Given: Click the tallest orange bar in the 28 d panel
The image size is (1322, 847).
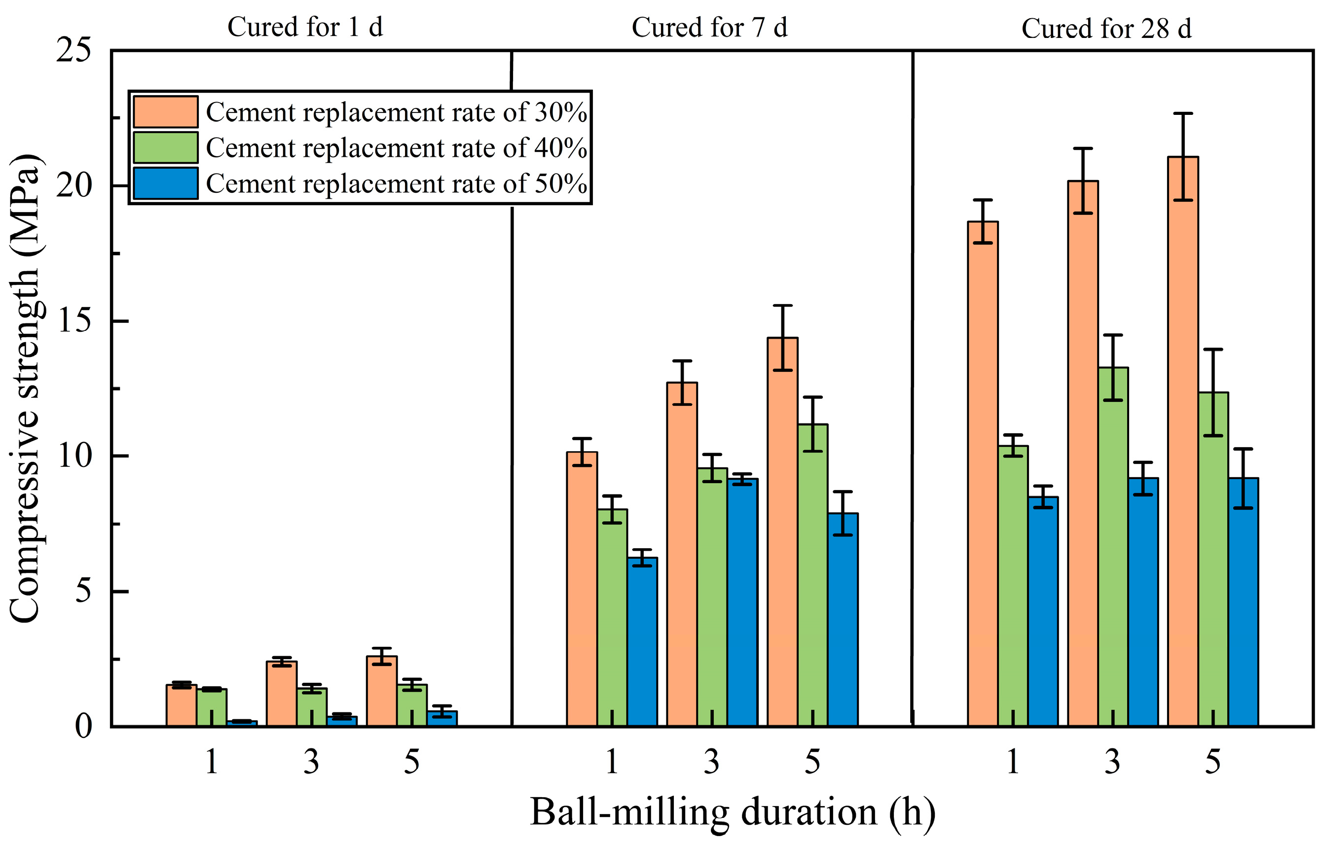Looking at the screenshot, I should (x=1183, y=440).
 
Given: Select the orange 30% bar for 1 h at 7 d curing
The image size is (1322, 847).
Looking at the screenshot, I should (x=582, y=589).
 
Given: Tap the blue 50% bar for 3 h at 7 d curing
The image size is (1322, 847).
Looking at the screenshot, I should (x=742, y=602).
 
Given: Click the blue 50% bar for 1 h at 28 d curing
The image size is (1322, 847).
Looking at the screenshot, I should (x=1042, y=610).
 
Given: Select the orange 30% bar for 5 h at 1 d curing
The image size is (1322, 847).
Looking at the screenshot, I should (x=382, y=691).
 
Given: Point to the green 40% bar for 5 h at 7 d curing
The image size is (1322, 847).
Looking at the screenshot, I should (x=812, y=575).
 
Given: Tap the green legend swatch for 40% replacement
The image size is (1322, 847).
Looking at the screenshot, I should (x=166, y=147).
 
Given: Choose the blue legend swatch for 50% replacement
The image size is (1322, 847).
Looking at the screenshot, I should (x=166, y=183).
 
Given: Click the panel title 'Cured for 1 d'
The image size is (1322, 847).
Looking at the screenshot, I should (x=305, y=27).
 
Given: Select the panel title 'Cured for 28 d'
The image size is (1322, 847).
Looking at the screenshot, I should (x=1106, y=29).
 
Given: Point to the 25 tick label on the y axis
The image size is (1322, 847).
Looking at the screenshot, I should (x=73, y=51).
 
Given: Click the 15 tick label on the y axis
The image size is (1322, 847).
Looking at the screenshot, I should (x=73, y=320).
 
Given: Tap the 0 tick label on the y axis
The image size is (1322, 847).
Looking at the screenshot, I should (x=83, y=726).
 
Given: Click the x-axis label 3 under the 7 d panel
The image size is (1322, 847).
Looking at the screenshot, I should (x=712, y=762).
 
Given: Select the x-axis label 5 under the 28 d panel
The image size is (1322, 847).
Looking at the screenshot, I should (x=1213, y=762).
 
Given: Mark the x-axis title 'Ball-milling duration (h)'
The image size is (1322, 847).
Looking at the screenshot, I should (x=732, y=812).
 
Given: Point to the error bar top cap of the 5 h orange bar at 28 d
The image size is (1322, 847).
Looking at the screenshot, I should (x=1183, y=113).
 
